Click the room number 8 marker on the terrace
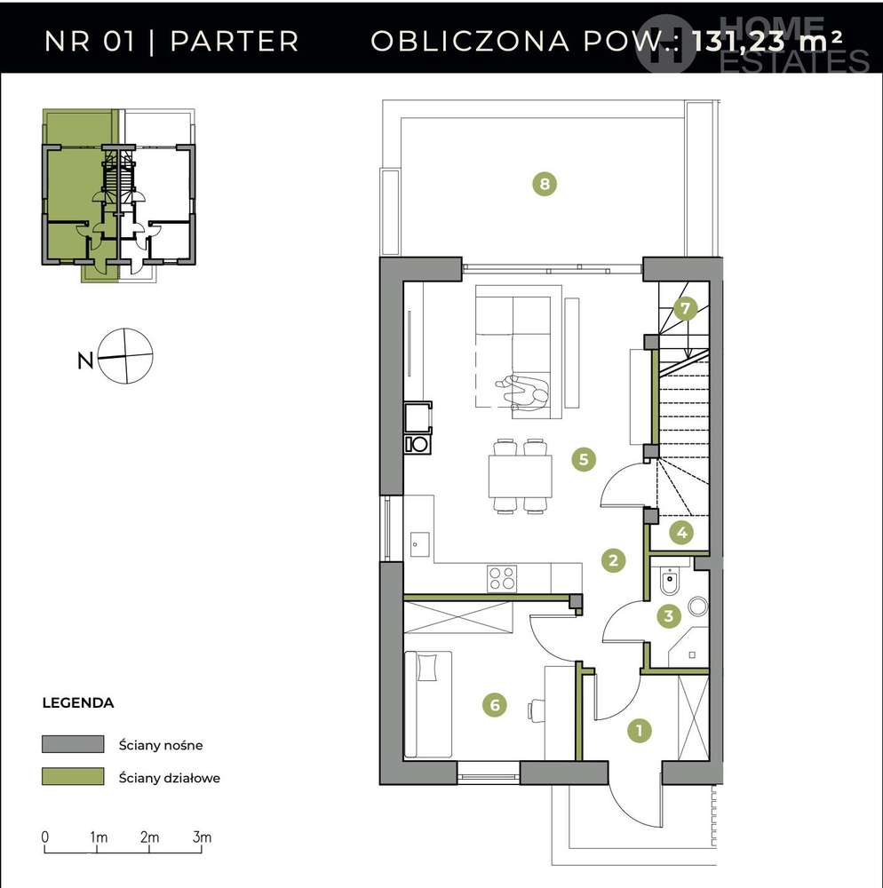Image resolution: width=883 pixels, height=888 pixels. click(545, 184)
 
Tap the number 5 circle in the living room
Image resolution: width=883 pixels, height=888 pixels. click(584, 459)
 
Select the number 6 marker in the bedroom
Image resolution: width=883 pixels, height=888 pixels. click(495, 704)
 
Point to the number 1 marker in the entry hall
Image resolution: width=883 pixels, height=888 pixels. click(640, 730)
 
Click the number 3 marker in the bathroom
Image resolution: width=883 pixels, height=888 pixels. click(669, 615)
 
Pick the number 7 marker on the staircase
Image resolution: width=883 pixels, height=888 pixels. click(685, 308)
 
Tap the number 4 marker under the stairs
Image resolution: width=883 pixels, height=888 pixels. click(681, 532)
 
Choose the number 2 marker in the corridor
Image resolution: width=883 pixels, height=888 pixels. click(614, 560)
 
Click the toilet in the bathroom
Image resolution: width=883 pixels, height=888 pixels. click(670, 581)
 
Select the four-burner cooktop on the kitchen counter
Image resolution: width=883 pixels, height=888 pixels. click(502, 578)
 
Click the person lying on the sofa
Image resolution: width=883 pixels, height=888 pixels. click(522, 392)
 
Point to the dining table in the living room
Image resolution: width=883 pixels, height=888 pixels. click(520, 476)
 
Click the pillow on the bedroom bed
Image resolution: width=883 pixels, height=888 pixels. click(426, 667)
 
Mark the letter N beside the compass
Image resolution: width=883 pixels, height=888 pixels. click(85, 361)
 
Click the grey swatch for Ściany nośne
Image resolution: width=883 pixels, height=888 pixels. click(73, 743)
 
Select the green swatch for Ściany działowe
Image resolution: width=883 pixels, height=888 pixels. click(73, 776)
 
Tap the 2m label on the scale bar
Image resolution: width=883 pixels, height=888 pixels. click(149, 836)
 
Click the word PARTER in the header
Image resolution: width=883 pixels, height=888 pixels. click(235, 41)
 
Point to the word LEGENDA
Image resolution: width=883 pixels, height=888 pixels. click(78, 702)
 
